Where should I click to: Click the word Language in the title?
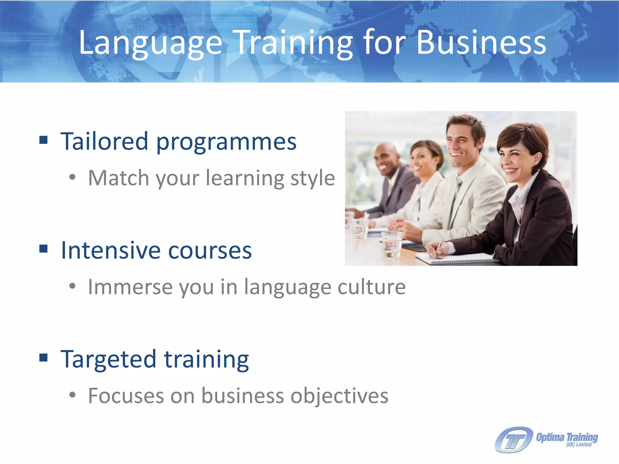[x=150, y=43]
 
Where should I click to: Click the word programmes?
[x=226, y=142]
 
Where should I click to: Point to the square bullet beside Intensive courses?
[x=44, y=249]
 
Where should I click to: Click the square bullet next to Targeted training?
[x=44, y=357]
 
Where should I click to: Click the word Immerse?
[x=130, y=287]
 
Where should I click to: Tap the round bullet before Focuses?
[x=72, y=395]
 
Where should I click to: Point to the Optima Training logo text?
[x=567, y=438]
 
